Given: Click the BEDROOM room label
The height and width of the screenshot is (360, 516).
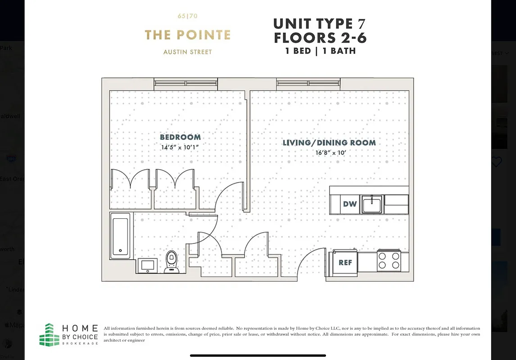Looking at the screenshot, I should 180,137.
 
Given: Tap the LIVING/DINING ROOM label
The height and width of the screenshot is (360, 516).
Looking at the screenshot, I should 329,143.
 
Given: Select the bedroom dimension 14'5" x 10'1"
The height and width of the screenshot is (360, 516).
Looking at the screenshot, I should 180,147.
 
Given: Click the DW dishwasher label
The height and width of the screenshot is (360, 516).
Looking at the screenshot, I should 350,204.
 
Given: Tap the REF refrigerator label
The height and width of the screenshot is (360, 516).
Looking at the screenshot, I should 345,262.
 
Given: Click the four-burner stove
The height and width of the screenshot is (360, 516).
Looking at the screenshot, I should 389,260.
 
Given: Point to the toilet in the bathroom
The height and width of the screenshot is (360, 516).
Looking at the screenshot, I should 171,261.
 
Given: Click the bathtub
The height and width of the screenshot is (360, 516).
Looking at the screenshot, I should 121,236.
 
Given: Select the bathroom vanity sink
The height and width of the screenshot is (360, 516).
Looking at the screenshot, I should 147,265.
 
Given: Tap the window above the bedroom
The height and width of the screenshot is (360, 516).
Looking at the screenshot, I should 186,83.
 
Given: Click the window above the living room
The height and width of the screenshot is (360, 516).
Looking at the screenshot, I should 308,83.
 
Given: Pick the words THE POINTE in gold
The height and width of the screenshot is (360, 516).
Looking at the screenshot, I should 187,35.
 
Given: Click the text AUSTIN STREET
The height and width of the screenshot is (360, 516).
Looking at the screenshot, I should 187,52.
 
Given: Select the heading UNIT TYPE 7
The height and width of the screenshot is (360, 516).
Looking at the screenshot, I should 320,23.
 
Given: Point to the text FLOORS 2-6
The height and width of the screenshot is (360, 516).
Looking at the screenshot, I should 320,38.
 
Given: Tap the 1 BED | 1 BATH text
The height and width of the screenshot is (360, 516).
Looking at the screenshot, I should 320,51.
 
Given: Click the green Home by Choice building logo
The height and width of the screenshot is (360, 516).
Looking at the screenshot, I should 49,334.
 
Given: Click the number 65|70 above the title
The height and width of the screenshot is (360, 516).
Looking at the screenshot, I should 187,16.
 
